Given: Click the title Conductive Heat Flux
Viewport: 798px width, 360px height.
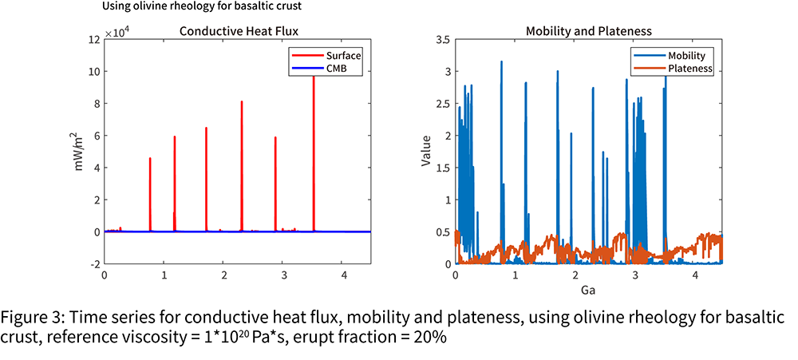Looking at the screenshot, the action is point(239,31).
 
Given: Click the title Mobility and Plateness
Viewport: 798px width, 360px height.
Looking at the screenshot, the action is point(589,31).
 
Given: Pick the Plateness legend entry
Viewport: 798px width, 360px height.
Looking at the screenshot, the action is point(672,68).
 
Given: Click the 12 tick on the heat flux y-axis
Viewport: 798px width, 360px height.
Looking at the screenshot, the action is point(93,39).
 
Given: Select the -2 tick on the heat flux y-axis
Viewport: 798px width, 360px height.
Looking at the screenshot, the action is point(95,263).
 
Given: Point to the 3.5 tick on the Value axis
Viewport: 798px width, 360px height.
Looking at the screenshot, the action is point(442,39).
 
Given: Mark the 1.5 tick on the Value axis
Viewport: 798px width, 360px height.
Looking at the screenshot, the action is point(442,168).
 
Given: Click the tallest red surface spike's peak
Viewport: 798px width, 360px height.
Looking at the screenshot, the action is point(314,77).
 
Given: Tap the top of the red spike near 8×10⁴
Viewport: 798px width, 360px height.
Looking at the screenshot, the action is point(242,101).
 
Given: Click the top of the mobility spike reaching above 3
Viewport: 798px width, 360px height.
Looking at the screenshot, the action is point(501,61).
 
